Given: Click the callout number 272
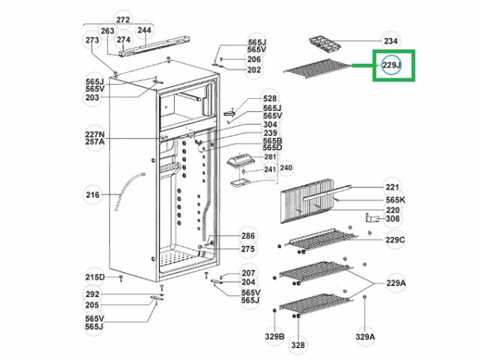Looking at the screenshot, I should tap(122, 19).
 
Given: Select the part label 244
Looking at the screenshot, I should tap(144, 31).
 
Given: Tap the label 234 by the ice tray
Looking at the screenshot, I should tap(390, 41).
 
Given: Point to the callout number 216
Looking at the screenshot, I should tap(93, 194).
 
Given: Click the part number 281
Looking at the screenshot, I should tap(270, 156).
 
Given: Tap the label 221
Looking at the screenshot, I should tap(391, 186).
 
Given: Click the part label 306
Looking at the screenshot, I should tap(392, 219).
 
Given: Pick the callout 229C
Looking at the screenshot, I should tap(395, 239).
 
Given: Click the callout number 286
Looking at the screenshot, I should tap(248, 236).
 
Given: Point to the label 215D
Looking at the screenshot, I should tap(95, 277).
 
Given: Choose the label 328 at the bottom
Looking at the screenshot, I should tap(298, 345).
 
